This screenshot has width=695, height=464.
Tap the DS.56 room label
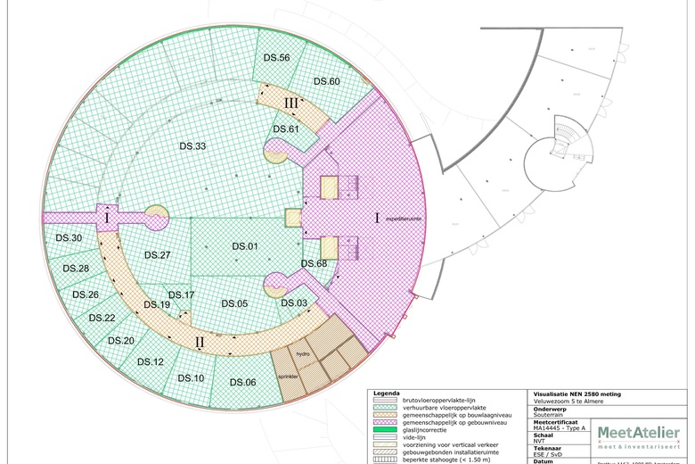coord(278,58)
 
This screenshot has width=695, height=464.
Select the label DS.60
coord(327,81)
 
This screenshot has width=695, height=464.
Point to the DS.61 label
coord(286,128)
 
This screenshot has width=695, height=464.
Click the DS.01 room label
coord(245,246)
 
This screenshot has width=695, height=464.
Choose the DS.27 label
coord(158,255)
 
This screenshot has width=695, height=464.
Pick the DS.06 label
coord(243,383)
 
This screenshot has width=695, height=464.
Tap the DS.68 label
coord(314,263)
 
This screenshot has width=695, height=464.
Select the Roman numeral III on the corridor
coord(291,104)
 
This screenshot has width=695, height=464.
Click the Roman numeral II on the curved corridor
coord(200,341)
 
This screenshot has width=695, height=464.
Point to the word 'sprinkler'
coord(286,377)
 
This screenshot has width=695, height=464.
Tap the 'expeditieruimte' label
coord(403,217)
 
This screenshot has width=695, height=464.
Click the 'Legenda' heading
coord(386,394)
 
